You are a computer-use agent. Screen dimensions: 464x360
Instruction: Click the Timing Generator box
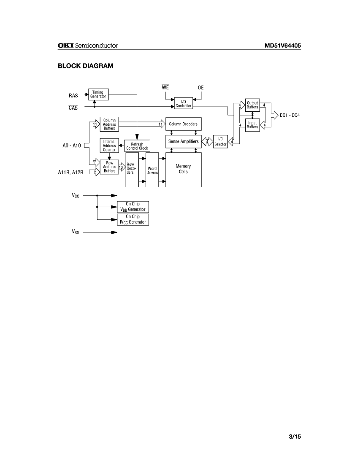click(x=98, y=94)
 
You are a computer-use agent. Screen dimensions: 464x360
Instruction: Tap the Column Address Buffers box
click(x=109, y=124)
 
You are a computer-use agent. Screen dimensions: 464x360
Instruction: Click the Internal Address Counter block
click(x=109, y=146)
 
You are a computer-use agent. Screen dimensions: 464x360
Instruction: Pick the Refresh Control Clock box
click(x=137, y=146)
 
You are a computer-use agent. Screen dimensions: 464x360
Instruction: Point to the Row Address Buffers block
click(x=109, y=167)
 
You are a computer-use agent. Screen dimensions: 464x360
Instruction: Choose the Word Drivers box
click(x=152, y=170)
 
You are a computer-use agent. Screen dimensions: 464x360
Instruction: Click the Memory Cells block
click(x=183, y=170)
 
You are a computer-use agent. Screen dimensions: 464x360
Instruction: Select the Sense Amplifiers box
click(x=183, y=141)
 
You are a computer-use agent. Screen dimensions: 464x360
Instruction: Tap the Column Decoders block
click(x=183, y=124)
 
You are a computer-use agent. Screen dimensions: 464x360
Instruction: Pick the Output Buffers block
click(x=252, y=105)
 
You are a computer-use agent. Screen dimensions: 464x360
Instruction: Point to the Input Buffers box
click(x=252, y=125)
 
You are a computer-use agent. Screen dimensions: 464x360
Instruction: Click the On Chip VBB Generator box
click(x=133, y=207)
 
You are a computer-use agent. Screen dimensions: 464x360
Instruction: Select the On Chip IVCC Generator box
click(x=133, y=219)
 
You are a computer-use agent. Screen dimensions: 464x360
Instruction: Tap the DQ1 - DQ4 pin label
click(x=290, y=115)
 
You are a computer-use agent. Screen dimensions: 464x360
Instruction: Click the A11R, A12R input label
click(x=70, y=172)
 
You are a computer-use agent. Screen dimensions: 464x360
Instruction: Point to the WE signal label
click(x=165, y=88)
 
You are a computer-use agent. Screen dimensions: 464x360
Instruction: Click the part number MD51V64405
click(x=282, y=46)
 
